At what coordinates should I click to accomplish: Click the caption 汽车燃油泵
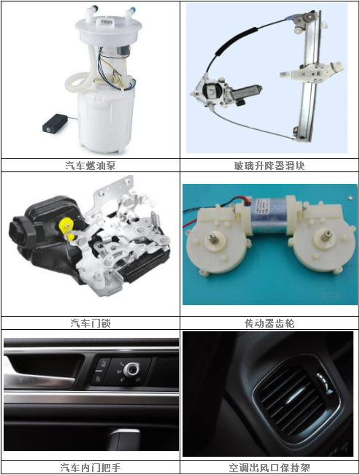(x=91, y=166)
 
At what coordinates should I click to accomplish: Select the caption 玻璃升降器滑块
(x=269, y=166)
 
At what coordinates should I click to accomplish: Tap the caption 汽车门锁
(x=91, y=323)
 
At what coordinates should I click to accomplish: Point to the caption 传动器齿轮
(x=269, y=323)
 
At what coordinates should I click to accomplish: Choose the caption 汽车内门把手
(x=91, y=468)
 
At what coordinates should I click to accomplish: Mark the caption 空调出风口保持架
(x=269, y=468)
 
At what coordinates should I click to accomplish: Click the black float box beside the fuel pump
(x=53, y=125)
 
